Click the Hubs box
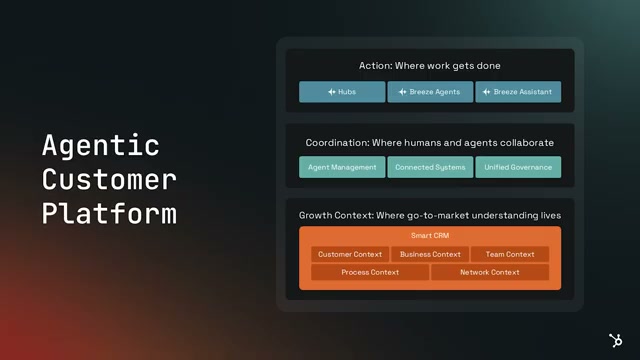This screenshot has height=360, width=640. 342,92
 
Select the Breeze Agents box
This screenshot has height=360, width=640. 430,92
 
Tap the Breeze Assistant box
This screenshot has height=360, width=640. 518,92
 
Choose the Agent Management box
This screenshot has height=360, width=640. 342,167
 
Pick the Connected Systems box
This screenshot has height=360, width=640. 430,167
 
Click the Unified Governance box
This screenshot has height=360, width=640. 518,167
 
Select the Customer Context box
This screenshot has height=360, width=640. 350,254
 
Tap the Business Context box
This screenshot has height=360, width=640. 430,254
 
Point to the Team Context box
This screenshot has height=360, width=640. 510,254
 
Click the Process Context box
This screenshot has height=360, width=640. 370,272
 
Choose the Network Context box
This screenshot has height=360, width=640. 490,272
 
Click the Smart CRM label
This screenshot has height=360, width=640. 430,236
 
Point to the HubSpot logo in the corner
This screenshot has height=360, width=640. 616,340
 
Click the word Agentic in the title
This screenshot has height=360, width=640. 100,146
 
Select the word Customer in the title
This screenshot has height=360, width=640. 109,180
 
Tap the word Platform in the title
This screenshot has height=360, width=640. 109,213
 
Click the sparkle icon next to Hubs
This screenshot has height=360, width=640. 332,92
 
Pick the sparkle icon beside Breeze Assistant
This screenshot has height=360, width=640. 487,92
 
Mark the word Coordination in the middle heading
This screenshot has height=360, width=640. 338,143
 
